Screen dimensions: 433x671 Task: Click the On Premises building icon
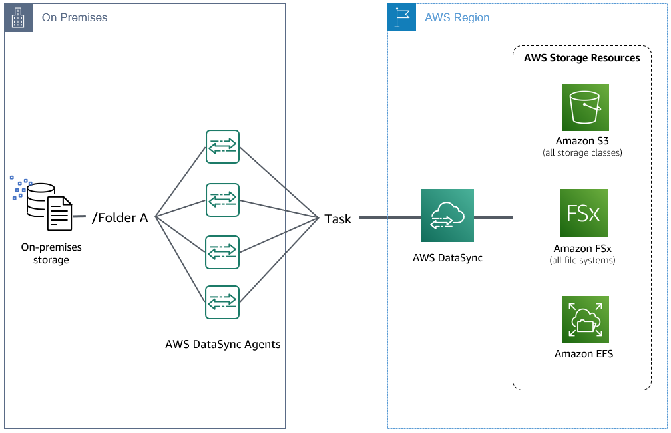(19, 18)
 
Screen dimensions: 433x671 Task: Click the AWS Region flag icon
(401, 18)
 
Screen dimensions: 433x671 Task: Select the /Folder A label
(119, 217)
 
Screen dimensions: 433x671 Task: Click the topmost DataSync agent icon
(222, 147)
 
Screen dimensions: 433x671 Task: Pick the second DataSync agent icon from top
(222, 200)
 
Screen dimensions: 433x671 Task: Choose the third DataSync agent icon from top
(222, 252)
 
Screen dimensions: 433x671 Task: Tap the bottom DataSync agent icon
(222, 303)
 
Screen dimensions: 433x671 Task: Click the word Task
(338, 219)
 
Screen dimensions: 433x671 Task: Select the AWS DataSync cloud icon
(447, 215)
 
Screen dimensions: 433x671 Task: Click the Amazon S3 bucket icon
(584, 107)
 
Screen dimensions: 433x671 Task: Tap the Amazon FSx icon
(584, 213)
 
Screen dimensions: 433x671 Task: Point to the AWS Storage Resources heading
(582, 58)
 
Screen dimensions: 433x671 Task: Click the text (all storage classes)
(582, 153)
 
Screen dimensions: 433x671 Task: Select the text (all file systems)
(582, 260)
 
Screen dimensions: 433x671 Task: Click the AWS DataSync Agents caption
(223, 345)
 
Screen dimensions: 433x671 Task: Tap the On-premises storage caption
(51, 253)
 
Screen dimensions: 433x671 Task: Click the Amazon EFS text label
(584, 354)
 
